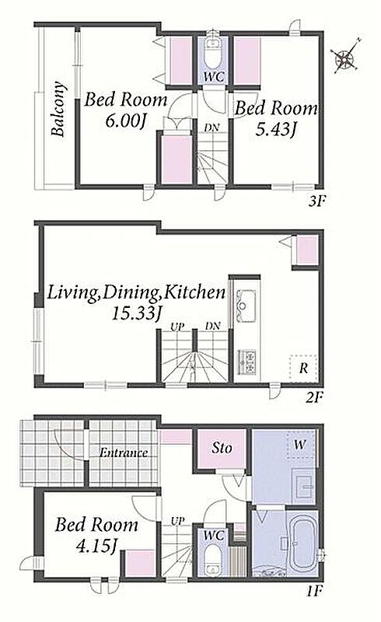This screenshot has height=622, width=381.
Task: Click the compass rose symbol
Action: click(x=345, y=58)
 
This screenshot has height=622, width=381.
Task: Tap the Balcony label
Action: click(x=58, y=109)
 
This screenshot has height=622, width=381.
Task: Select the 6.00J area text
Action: click(x=124, y=121)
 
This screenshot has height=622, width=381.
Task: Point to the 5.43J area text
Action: click(x=275, y=129)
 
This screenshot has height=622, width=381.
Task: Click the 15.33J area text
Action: click(x=136, y=313)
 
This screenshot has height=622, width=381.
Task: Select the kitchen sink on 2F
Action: click(x=246, y=306)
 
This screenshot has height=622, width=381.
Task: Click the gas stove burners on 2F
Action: click(x=247, y=362)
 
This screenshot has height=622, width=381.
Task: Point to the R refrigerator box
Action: click(x=303, y=368)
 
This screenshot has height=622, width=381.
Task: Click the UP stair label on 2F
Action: click(x=177, y=327)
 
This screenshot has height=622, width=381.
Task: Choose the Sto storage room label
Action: click(x=222, y=449)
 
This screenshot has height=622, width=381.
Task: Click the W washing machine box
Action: click(x=300, y=445)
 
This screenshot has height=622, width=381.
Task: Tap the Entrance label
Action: click(x=124, y=453)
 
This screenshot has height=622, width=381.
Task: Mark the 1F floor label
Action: click(x=313, y=592)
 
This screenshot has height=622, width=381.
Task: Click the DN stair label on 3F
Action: click(x=212, y=128)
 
